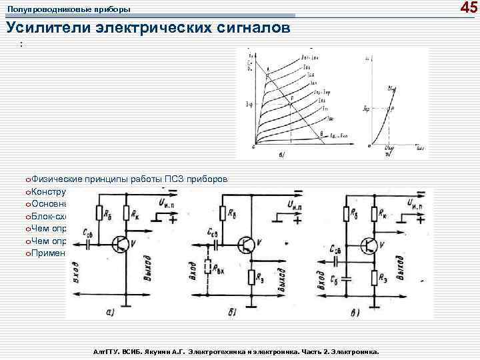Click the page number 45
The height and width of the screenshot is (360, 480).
(x=469, y=8)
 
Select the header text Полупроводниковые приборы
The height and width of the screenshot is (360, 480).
(x=69, y=9)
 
